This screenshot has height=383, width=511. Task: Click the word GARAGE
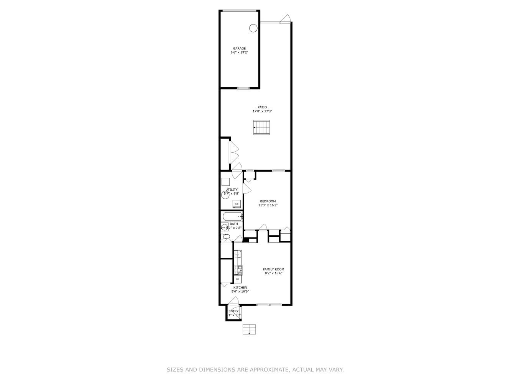pos(239,49)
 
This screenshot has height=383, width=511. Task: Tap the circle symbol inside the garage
pos(253,28)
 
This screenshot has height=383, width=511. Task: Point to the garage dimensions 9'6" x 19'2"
pos(239,53)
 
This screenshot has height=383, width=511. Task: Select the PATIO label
pos(262,107)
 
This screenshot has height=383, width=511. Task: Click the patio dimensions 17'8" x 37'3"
pos(262,111)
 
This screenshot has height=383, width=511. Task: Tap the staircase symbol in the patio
pos(262,127)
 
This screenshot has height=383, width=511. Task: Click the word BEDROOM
pos(268,201)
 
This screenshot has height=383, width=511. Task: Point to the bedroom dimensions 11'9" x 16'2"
pos(268,205)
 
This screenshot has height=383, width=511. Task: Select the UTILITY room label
pos(232,190)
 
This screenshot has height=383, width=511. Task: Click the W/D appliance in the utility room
pos(237,204)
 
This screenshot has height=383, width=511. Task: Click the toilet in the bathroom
pos(226,237)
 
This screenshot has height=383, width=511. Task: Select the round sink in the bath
pos(224,228)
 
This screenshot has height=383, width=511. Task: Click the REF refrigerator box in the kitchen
pos(238,279)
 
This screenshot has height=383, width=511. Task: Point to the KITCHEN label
pos(240,288)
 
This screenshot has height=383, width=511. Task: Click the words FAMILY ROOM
pos(273,269)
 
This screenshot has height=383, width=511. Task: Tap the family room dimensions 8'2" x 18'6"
pos(273,273)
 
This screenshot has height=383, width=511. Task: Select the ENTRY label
pos(233,311)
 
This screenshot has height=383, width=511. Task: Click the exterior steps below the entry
pos(249,329)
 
